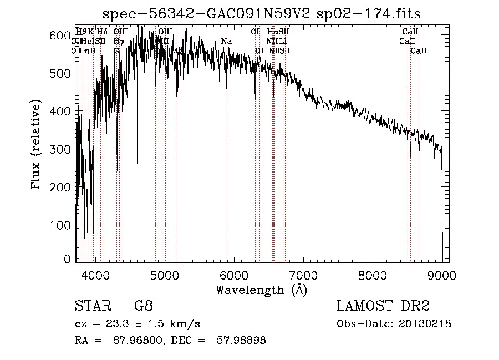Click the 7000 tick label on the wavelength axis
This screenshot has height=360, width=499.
click(303, 275)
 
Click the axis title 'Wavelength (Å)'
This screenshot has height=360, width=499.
click(261, 290)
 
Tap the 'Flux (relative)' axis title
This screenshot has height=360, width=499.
click(37, 146)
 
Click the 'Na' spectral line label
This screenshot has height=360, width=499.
click(226, 42)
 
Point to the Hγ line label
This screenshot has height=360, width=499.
click(118, 42)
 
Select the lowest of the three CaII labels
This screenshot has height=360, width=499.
click(419, 50)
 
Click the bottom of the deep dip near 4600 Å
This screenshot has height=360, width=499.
click(138, 165)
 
